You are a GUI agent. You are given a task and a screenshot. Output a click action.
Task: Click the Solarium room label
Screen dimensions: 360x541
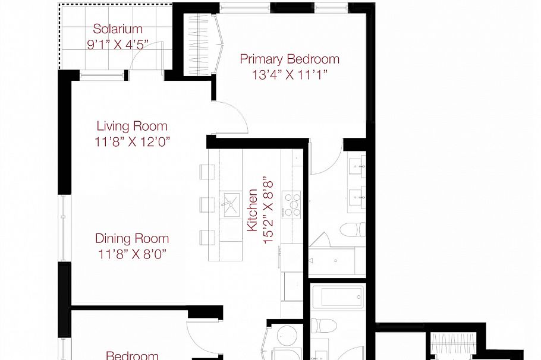point(118,29)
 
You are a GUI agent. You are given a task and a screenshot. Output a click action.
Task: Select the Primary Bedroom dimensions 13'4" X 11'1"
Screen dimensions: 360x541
point(289,75)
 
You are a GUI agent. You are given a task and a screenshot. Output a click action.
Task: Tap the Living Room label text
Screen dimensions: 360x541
point(132,126)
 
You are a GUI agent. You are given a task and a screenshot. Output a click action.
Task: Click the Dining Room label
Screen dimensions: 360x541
point(132,238)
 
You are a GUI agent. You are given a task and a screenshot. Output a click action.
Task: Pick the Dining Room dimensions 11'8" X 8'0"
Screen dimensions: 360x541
point(132,254)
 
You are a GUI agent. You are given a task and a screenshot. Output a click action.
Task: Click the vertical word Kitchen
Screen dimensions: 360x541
point(253,210)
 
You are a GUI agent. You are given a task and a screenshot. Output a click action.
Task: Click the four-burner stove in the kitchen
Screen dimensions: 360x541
point(291,203)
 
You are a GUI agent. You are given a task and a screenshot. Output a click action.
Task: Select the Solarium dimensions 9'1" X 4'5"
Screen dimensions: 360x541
point(118,45)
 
